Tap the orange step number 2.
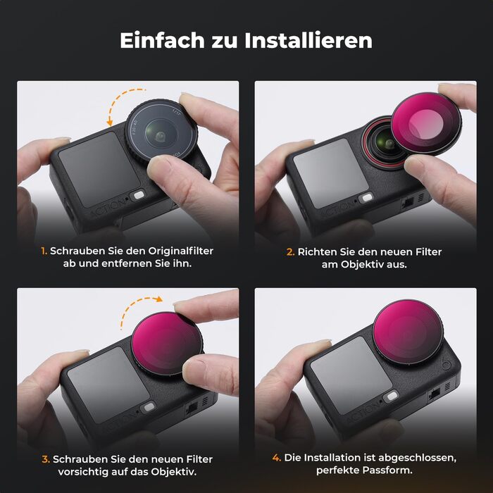tap(290, 251)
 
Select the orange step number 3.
tap(46, 458)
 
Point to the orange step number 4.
tap(277, 458)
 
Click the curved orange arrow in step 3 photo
tap(139, 311)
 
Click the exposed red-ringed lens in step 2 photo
tap(387, 144)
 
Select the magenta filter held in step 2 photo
tap(423, 125)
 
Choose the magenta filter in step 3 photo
tap(166, 344)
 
